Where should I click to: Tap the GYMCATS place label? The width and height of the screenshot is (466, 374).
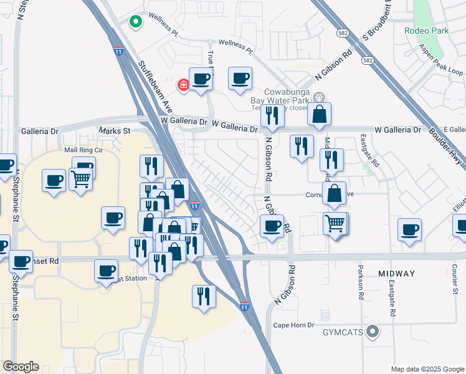[x=343, y=332]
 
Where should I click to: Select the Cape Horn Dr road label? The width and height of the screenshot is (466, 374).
[x=295, y=325]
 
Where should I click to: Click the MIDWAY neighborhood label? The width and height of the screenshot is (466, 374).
[x=396, y=274]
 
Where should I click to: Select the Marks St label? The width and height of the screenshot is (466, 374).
[x=114, y=131]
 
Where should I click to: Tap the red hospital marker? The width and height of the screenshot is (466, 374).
[x=184, y=85]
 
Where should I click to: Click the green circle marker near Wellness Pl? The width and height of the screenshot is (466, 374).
[x=135, y=22]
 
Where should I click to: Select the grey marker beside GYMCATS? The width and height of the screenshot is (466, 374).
[x=373, y=331]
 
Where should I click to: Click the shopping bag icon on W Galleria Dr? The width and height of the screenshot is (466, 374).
[x=319, y=114]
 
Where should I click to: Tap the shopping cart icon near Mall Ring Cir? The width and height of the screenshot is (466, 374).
[x=80, y=180]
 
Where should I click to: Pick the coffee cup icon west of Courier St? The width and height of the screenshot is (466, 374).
[x=410, y=229]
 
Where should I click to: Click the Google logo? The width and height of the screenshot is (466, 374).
[x=21, y=367]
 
